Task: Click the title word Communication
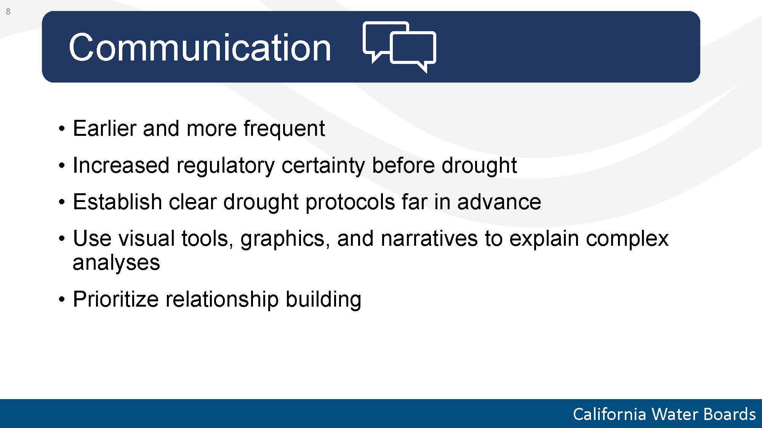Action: (200, 47)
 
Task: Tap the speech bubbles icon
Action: (399, 47)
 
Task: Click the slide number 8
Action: (8, 12)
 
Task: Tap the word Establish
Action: (117, 202)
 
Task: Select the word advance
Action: (499, 202)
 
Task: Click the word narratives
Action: (429, 239)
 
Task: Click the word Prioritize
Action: (115, 299)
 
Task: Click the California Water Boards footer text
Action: (664, 414)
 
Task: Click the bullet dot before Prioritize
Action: (62, 300)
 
